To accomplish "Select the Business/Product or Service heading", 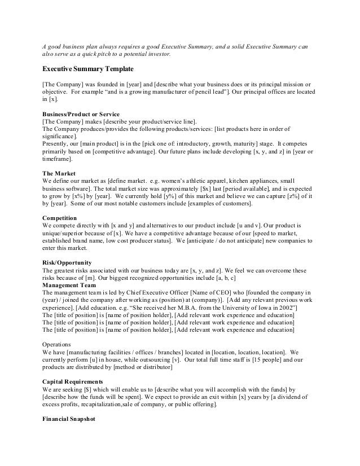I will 81,113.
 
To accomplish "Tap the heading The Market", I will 59,173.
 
